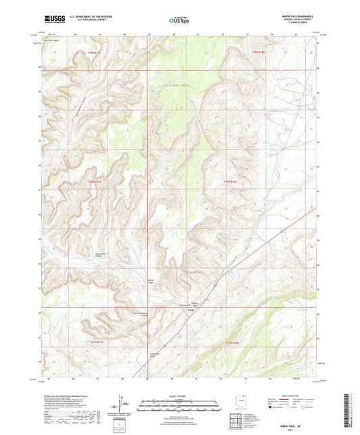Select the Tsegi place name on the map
pyautogui.click(x=192, y=311)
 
